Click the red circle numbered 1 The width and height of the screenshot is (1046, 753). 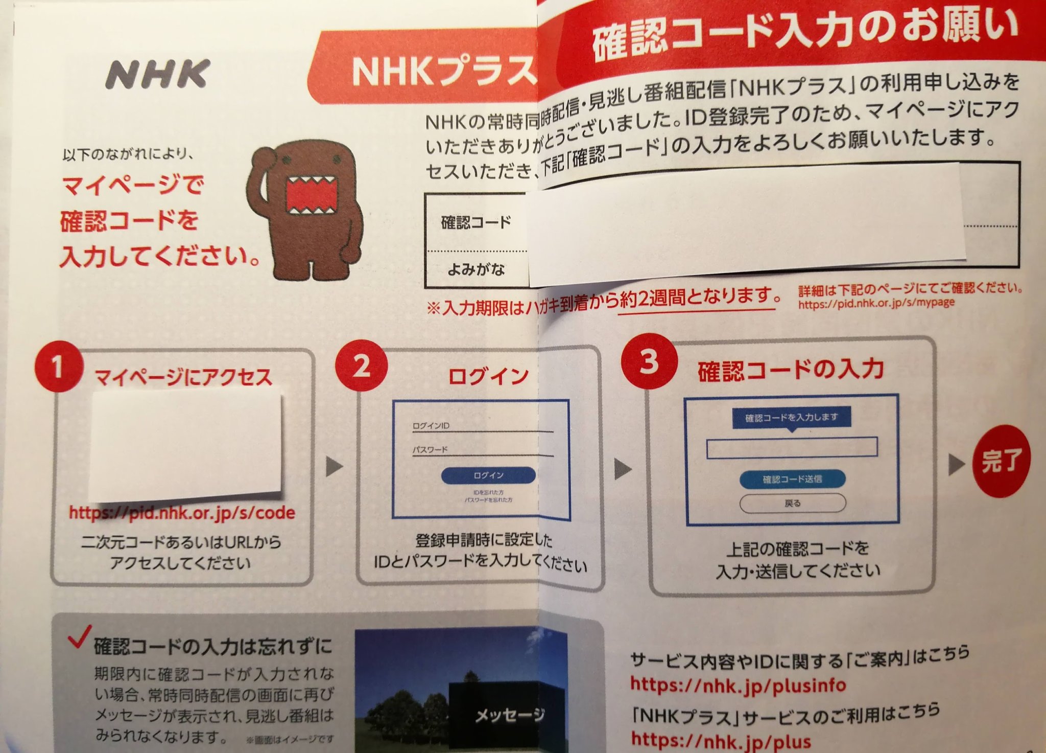(58, 367)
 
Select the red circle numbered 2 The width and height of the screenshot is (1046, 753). (361, 366)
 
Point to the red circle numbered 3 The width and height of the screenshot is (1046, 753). (649, 361)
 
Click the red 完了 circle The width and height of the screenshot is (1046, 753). (1001, 461)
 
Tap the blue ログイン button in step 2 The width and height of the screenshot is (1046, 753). (488, 475)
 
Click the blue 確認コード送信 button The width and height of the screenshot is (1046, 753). (792, 479)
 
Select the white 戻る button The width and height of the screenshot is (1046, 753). (792, 504)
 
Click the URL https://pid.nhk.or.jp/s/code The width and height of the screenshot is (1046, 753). (182, 513)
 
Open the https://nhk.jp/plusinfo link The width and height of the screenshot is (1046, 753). (738, 684)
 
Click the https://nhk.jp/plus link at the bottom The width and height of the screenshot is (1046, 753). (721, 740)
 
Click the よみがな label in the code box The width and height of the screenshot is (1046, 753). (476, 269)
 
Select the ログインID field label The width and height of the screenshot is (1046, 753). (431, 426)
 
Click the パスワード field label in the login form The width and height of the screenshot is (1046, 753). (430, 450)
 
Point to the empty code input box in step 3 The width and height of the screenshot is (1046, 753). (792, 448)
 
